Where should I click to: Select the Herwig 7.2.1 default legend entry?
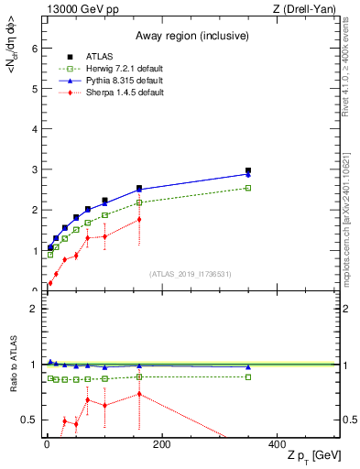pos(119,67)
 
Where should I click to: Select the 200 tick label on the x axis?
pos(161,445)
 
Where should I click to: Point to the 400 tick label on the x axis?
pos(276,445)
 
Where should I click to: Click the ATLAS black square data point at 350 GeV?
pos(248,170)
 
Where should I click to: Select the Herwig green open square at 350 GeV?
pos(248,188)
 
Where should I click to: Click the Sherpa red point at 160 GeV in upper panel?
pos(139,219)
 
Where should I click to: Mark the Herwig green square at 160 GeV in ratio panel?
pos(139,376)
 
